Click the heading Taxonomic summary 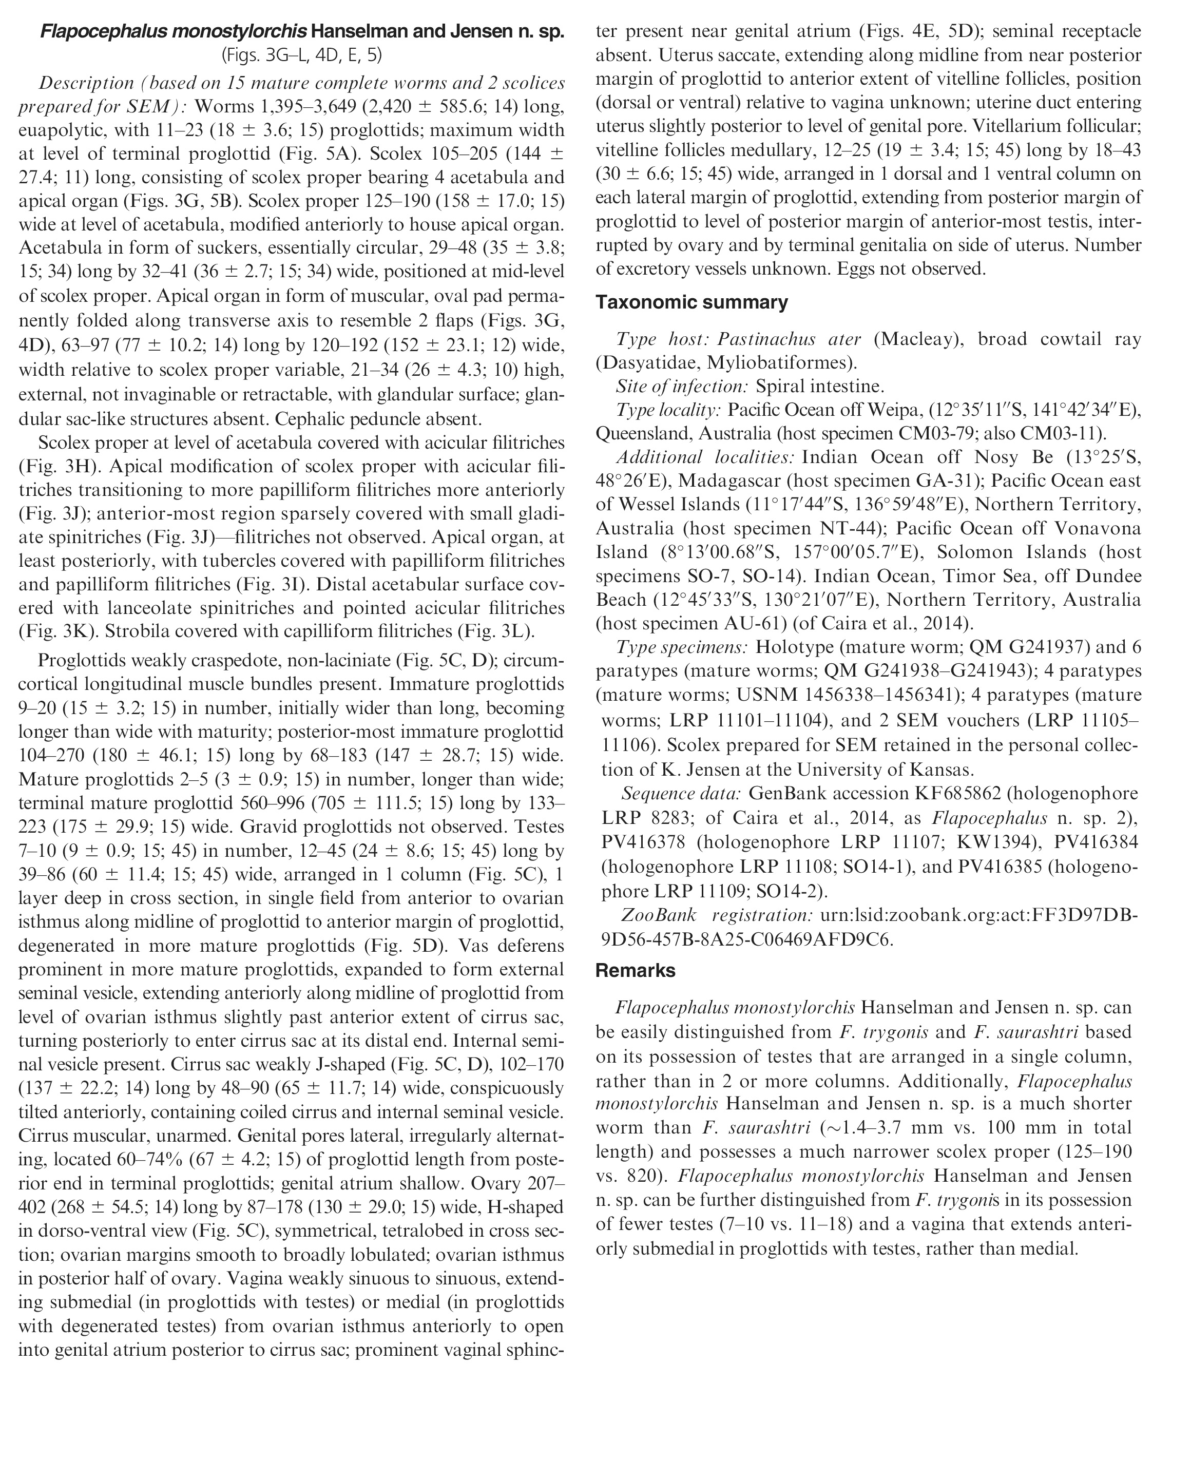[x=691, y=303]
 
